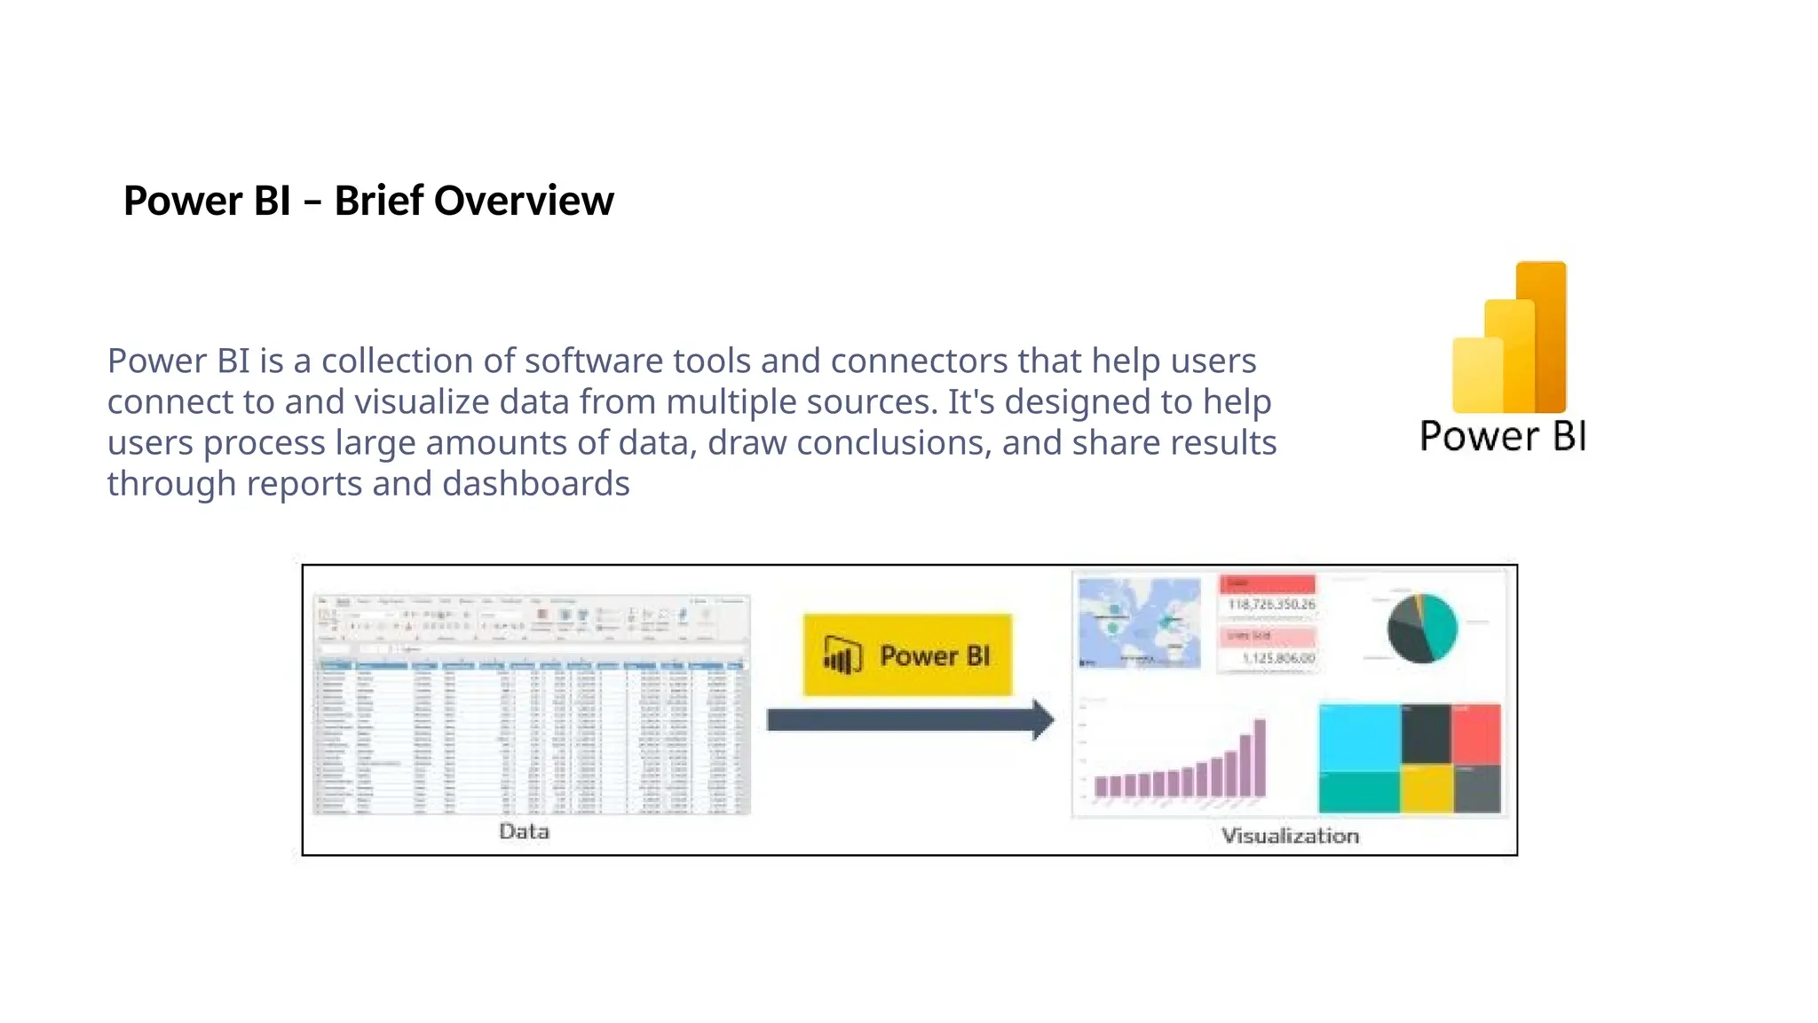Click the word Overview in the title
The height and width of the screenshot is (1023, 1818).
pos(524,201)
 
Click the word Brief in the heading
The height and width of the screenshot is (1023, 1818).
pos(379,201)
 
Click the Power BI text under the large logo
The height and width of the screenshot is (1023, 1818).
pos(1503,436)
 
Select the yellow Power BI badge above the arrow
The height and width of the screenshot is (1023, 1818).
pos(907,655)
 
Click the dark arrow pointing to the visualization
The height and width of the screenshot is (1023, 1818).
pos(909,719)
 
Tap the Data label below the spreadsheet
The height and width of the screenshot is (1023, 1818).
pos(524,831)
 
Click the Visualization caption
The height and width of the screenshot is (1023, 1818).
pos(1290,836)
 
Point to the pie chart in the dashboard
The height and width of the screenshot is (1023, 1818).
pos(1422,628)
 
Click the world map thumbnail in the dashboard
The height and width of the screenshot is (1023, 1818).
pos(1139,623)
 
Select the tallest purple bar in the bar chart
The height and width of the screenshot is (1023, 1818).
pos(1259,757)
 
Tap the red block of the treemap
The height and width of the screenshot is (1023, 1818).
pos(1476,733)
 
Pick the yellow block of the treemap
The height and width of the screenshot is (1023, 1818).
pos(1427,789)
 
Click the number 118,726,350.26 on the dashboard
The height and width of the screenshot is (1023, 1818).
pos(1271,605)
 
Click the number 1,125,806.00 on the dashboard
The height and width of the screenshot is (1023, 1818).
pos(1278,658)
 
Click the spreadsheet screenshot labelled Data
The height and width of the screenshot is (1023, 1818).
pos(531,706)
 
